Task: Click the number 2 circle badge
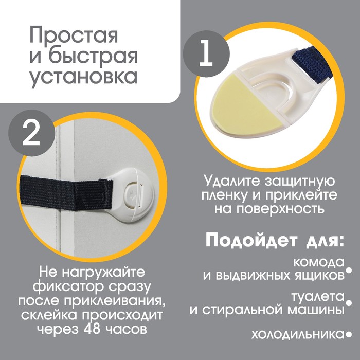tap(32, 133)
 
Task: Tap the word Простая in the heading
tap(74, 36)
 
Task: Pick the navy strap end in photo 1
tap(309, 64)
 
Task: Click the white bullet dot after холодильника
tap(349, 335)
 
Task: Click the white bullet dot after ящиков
tap(349, 270)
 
